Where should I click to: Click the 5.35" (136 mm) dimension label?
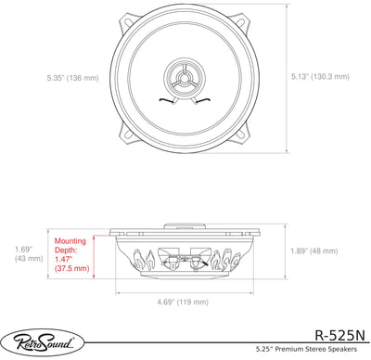[73, 78]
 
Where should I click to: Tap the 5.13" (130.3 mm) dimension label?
[320, 76]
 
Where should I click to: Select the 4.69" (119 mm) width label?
[183, 302]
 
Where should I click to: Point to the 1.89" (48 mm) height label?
[313, 251]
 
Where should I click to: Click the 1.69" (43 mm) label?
[29, 253]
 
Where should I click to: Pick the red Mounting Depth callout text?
[71, 254]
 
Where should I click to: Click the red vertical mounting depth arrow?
[94, 256]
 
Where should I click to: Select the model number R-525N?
[339, 335]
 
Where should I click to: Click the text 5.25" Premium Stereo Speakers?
[306, 349]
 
